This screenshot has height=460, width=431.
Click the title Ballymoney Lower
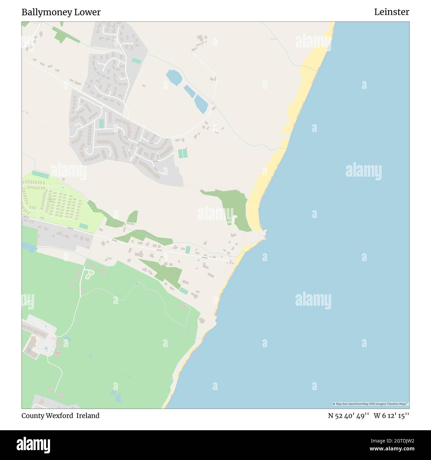[61, 12]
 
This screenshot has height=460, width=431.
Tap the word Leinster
[392, 12]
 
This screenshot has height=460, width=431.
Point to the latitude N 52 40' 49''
[348, 416]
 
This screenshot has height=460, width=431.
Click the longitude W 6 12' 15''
[391, 416]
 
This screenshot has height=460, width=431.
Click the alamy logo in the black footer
[33, 444]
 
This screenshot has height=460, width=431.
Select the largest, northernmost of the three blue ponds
[173, 77]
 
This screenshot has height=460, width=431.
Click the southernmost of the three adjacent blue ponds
[201, 104]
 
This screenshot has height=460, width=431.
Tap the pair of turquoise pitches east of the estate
[182, 154]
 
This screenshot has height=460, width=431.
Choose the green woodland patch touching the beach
[232, 207]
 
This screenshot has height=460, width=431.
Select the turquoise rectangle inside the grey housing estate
[101, 124]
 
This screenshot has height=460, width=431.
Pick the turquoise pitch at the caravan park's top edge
[40, 174]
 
